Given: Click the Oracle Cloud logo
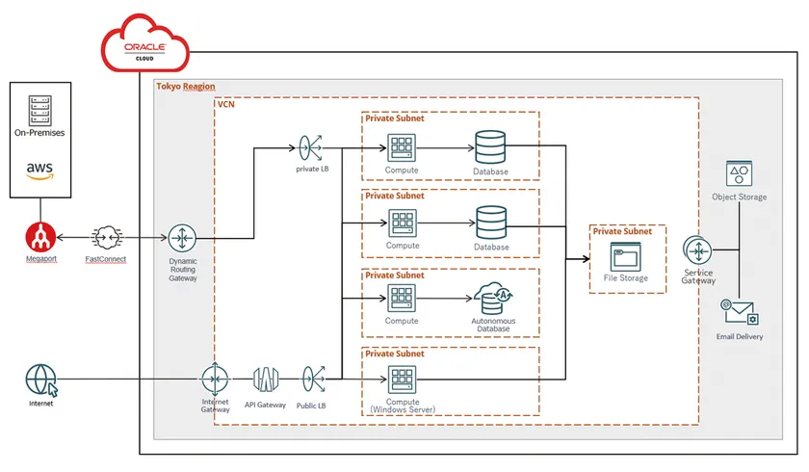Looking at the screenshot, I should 143,45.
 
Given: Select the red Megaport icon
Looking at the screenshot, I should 39,236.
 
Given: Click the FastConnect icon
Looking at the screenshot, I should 105,237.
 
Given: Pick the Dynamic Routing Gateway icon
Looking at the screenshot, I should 182,237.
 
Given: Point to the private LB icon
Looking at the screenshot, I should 312,148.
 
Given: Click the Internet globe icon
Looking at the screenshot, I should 40,379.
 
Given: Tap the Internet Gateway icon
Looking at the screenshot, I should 215,379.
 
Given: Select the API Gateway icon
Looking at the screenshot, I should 266,379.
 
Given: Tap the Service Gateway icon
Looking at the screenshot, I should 697,250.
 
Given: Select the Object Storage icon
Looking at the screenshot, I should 739,174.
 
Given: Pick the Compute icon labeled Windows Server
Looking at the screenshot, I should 402,379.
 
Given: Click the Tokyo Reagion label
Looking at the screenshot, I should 186,87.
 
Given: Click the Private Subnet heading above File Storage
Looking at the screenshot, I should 622,231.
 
